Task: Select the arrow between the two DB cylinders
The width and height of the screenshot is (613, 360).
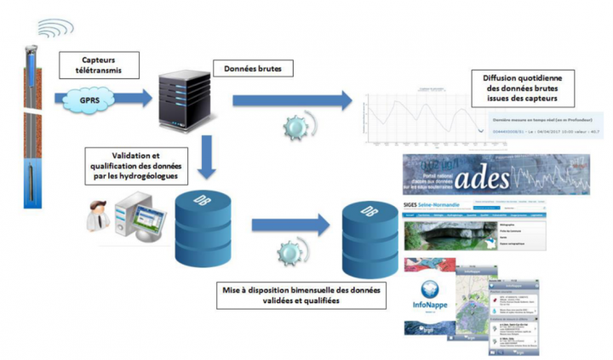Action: pyautogui.click(x=289, y=224)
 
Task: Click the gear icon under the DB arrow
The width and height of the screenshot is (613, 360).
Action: pyautogui.click(x=292, y=253)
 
